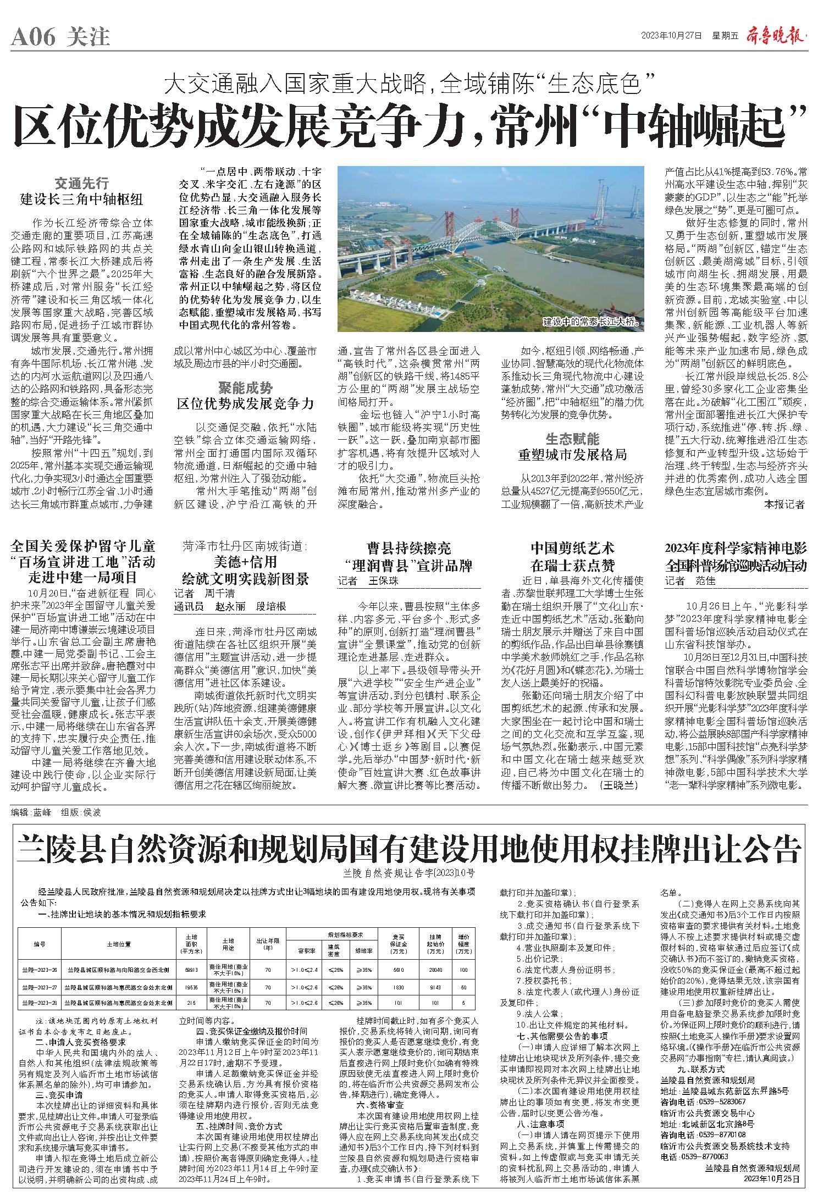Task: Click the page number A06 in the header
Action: (x=34, y=37)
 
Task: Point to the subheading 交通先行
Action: (x=81, y=183)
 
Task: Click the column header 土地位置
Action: (x=119, y=944)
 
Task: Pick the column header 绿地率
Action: (x=363, y=949)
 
